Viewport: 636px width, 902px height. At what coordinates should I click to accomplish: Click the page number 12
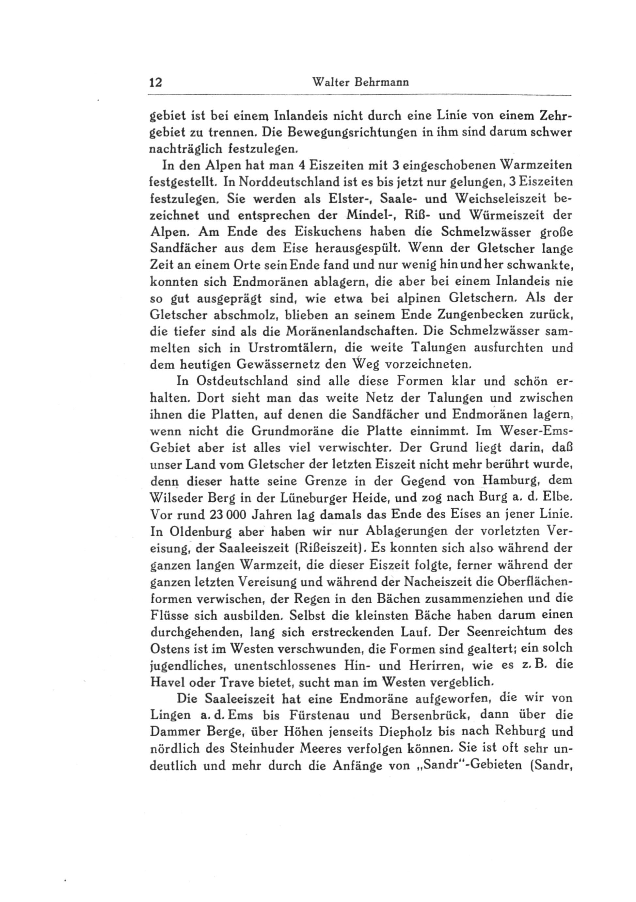[x=155, y=83]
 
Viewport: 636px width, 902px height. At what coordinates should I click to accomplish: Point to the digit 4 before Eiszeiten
[x=302, y=166]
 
